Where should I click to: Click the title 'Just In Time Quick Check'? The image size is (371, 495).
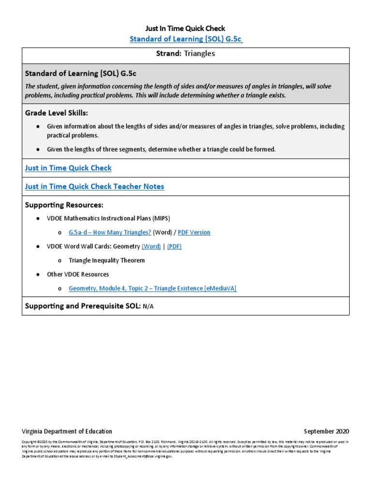point(185,29)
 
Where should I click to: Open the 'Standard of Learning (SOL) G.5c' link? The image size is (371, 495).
point(186,39)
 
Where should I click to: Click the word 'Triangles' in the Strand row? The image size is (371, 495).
point(199,54)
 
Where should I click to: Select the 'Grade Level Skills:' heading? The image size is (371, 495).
point(57,113)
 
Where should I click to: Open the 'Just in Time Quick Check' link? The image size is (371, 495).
point(68,168)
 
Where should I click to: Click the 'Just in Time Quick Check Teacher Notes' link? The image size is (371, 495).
point(95,187)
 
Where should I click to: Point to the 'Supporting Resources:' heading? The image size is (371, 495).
point(64,205)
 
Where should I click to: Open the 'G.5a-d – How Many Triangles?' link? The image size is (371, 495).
point(110,233)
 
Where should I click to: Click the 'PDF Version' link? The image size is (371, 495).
point(194,233)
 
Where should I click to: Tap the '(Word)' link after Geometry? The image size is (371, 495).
point(151,247)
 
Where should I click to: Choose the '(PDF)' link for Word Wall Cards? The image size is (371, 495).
point(174,247)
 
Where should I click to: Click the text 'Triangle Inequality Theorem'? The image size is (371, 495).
point(107,261)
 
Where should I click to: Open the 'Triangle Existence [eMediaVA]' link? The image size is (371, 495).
point(153,289)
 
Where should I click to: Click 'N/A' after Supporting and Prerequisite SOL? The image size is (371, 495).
point(148,307)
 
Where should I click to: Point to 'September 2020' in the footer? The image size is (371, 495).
point(326,431)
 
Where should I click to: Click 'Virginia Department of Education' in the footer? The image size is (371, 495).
point(67,431)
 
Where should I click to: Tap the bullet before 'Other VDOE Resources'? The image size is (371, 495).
point(38,275)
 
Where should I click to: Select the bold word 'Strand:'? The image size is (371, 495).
point(168,54)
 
